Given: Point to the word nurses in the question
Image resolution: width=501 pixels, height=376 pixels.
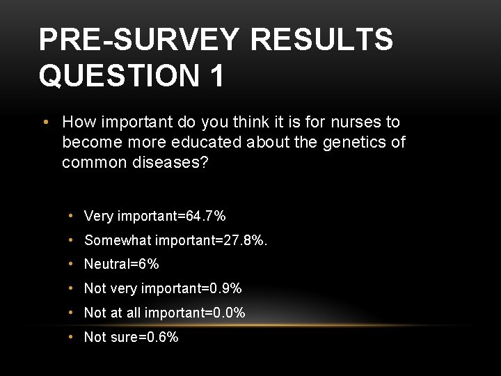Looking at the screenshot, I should click(356, 123).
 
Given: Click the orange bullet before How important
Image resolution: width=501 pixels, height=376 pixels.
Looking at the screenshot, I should click(45, 123).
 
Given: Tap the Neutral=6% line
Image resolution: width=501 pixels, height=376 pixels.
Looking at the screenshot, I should click(122, 265).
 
